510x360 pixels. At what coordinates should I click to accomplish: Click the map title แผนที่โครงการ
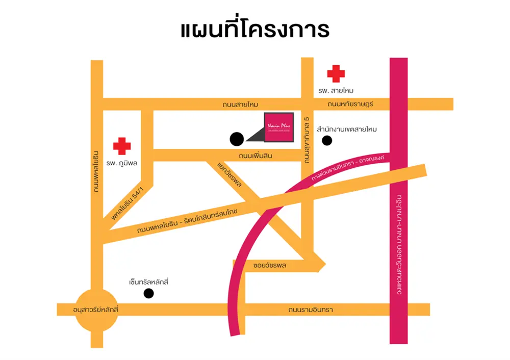coord(255,29)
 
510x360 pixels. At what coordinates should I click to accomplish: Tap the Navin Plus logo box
coord(278,127)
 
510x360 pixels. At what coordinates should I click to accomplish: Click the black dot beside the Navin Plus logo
coord(237,138)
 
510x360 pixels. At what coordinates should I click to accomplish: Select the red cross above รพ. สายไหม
coord(336,73)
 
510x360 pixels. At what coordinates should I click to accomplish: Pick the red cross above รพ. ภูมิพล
coord(122,146)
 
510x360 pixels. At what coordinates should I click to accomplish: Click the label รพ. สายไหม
coord(336,90)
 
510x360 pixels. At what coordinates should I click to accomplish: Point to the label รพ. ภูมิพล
coord(122,164)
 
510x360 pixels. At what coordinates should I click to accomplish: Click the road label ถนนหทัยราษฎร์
coord(351,105)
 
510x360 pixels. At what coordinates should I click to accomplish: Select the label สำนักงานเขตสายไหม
coord(347,130)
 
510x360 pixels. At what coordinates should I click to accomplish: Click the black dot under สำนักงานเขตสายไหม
coord(327,141)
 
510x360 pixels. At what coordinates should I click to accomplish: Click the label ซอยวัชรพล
coord(270,266)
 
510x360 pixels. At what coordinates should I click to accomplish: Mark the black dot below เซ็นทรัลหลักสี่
coord(148,293)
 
